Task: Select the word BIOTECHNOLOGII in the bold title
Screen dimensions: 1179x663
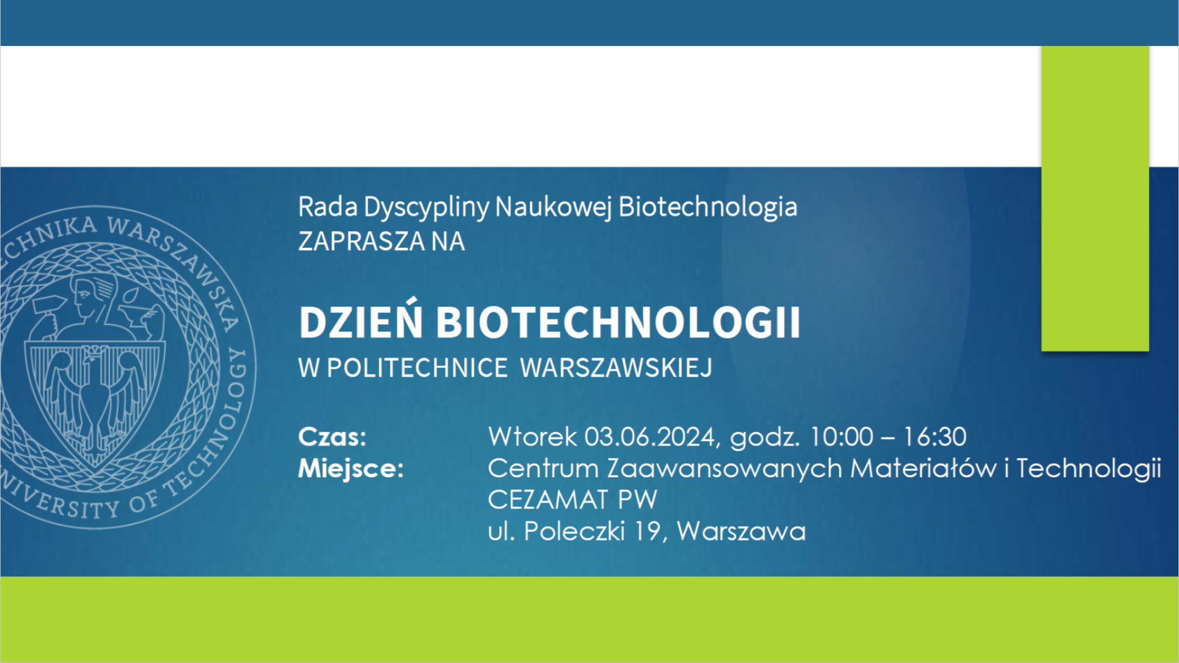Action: tap(618, 322)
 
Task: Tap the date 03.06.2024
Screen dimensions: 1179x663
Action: tap(650, 437)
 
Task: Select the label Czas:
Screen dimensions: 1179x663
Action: tap(332, 437)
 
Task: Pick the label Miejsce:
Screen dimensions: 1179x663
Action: tap(351, 468)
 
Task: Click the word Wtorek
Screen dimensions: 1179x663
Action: tap(532, 437)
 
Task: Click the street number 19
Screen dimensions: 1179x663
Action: tap(647, 531)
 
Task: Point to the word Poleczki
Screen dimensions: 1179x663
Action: tap(574, 531)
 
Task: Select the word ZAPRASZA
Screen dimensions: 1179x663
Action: tap(361, 241)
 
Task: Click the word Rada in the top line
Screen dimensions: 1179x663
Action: tap(328, 207)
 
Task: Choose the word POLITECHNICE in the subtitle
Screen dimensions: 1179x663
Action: tap(417, 368)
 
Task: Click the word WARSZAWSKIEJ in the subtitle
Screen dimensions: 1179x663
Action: tap(616, 368)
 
